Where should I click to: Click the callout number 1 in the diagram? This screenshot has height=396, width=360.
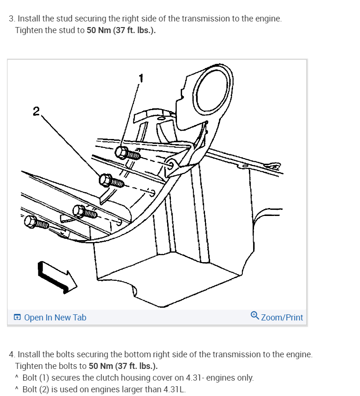(x=141, y=78)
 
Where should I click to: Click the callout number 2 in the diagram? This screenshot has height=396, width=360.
(x=36, y=111)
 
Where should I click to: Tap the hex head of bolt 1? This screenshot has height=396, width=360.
(x=121, y=153)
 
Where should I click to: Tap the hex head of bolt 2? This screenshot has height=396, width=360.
(x=105, y=180)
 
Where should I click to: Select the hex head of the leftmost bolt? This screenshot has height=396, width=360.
(x=31, y=222)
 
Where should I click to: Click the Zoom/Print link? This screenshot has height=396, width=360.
(x=282, y=318)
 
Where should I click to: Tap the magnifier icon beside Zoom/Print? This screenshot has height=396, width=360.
(x=254, y=316)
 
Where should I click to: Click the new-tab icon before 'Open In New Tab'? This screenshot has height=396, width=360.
(x=17, y=317)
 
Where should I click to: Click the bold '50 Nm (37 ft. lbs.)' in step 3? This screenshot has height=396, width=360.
(x=121, y=30)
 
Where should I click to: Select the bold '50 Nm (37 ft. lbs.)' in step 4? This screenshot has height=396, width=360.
(x=123, y=366)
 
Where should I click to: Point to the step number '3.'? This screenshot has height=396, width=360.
(x=12, y=19)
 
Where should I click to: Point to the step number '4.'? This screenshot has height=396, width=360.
(x=12, y=354)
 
